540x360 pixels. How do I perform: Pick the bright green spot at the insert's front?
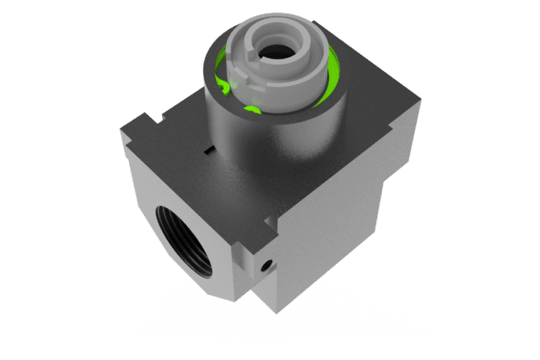pyautogui.click(x=251, y=110)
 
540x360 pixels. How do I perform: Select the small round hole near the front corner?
pyautogui.click(x=268, y=264)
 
